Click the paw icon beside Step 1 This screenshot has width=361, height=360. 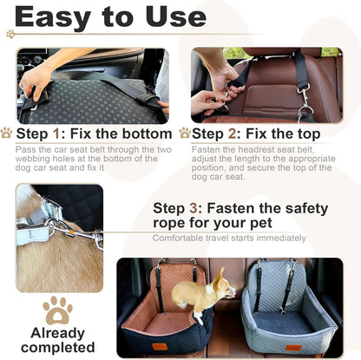click(7, 134)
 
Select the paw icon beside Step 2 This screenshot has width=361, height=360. click(184, 134)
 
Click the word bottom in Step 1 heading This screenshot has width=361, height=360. click(143, 134)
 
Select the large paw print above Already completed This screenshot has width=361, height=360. click(58, 311)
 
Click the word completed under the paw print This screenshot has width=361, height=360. click(58, 348)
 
